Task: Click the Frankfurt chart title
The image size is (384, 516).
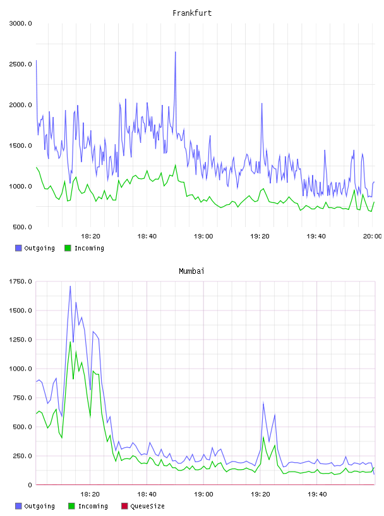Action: click(x=192, y=13)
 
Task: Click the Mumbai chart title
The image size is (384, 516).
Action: click(x=191, y=271)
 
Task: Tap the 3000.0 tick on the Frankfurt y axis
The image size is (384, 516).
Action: click(x=20, y=23)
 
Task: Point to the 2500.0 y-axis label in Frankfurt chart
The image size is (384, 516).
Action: click(x=20, y=64)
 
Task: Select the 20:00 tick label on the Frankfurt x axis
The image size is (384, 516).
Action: click(x=373, y=236)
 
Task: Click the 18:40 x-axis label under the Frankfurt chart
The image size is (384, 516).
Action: click(x=147, y=236)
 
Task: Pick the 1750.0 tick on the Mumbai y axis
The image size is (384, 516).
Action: click(x=20, y=281)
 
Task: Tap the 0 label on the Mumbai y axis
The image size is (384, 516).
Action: click(x=30, y=485)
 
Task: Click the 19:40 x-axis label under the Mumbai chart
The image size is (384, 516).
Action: click(x=317, y=494)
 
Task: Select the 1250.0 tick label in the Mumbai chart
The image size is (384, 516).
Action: click(x=20, y=340)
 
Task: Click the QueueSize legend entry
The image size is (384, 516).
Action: click(x=147, y=506)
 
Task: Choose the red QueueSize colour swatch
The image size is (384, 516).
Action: click(x=124, y=506)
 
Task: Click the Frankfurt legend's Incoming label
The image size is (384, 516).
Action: click(x=89, y=248)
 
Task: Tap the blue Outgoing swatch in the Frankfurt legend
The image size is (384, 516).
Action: click(x=18, y=248)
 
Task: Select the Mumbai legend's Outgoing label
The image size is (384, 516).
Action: click(x=39, y=506)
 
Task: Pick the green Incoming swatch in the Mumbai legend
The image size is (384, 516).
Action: click(x=71, y=506)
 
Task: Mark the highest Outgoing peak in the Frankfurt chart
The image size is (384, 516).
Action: click(x=175, y=52)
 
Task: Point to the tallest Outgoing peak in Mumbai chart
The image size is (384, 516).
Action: click(x=70, y=286)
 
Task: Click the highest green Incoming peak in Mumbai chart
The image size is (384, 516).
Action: click(x=70, y=342)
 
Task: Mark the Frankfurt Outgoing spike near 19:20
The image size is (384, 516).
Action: click(x=261, y=104)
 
